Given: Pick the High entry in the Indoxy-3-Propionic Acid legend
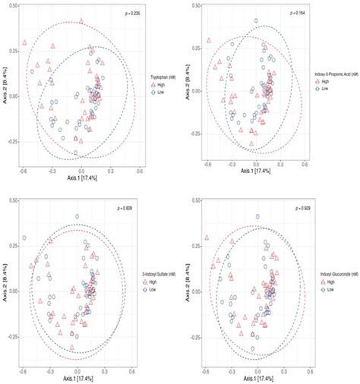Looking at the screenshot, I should (x=322, y=80).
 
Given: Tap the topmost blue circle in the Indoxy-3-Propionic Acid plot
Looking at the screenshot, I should (x=256, y=21).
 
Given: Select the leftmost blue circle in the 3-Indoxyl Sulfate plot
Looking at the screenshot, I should (x=24, y=238).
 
